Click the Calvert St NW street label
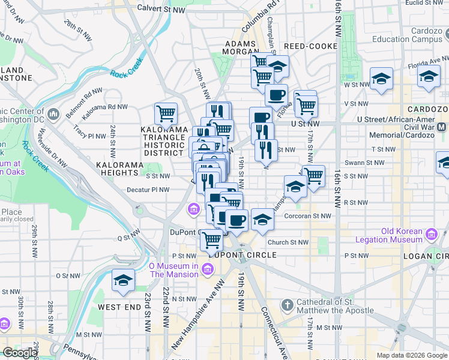(161, 9)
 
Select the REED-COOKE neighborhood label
(311, 46)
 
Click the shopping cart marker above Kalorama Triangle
(166, 112)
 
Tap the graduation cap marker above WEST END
(123, 280)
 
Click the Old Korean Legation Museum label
(393, 235)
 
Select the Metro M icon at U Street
(442, 127)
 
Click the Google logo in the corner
(19, 353)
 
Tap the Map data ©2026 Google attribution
(411, 355)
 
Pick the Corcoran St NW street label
(307, 216)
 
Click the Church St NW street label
(288, 242)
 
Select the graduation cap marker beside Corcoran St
(262, 220)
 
